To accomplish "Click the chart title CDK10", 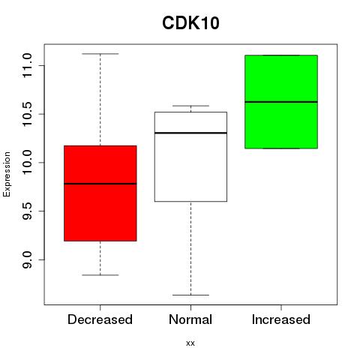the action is coord(190,23).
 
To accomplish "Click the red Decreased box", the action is coord(100,193).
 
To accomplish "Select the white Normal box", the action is coord(190,157).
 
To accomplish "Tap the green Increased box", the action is coord(281,102).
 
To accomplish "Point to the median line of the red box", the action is coord(100,184).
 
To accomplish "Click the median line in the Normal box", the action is coord(190,133).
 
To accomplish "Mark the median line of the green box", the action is coord(281,102).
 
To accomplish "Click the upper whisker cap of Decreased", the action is coord(100,54).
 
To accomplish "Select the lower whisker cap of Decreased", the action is coord(100,275).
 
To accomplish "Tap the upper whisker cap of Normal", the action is coord(190,106).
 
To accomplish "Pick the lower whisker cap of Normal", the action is coord(190,295).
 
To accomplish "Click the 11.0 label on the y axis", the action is coord(27,65).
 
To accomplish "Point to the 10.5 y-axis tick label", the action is coord(27,114).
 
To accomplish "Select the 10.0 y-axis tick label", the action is coord(27,163).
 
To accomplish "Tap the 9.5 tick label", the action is coord(27,211).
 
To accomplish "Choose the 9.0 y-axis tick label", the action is coord(27,259).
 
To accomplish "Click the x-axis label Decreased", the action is coord(100,319).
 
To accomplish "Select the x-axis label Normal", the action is coord(190,319).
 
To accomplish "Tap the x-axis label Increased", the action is coord(281,319).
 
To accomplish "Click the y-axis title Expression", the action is coord(7,174).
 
